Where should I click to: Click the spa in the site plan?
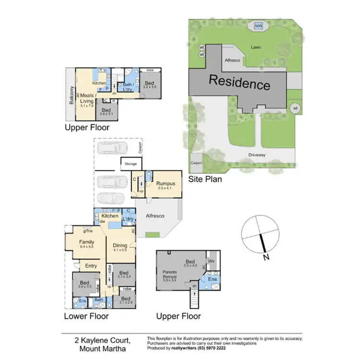pyautogui.click(x=258, y=26)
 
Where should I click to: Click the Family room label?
pyautogui.click(x=87, y=242)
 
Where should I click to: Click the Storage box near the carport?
pyautogui.click(x=131, y=164)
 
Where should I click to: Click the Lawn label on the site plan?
pyautogui.click(x=255, y=48)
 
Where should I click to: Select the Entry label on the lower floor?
pyautogui.click(x=91, y=266)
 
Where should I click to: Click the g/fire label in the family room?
pyautogui.click(x=87, y=231)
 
